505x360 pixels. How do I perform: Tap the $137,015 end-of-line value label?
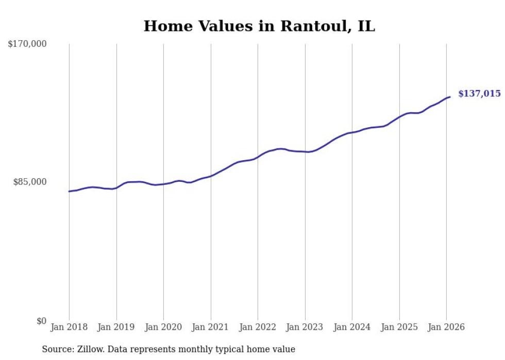[x=479, y=94]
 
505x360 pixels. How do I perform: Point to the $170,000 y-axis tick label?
[x=27, y=44]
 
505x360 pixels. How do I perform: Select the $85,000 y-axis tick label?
[x=30, y=182]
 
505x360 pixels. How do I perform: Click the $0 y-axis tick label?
[x=41, y=321]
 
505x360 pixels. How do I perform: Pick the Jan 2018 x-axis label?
[x=69, y=327]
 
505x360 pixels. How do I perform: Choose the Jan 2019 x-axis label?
[x=116, y=327]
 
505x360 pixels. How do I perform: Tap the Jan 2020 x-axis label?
[x=163, y=327]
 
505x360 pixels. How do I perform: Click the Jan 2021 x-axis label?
[x=211, y=327]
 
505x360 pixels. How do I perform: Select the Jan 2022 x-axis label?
[x=258, y=327]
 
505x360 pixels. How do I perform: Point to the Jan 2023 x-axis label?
[x=305, y=327]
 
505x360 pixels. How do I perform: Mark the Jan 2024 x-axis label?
[x=352, y=327]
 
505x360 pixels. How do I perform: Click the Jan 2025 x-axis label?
[x=399, y=327]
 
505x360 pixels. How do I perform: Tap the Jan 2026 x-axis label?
[x=446, y=327]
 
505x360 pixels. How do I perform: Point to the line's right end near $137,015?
[x=450, y=97]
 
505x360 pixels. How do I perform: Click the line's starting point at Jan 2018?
[x=69, y=192]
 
